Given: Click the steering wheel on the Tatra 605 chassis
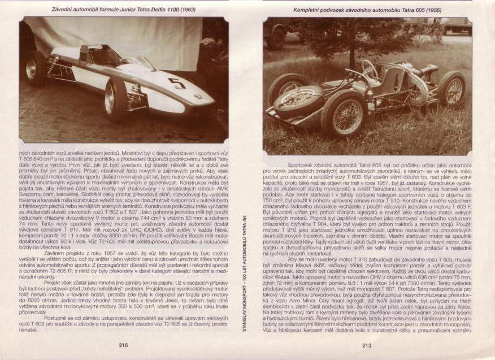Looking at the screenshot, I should (370, 69).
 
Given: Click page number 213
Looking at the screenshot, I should (367, 345).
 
